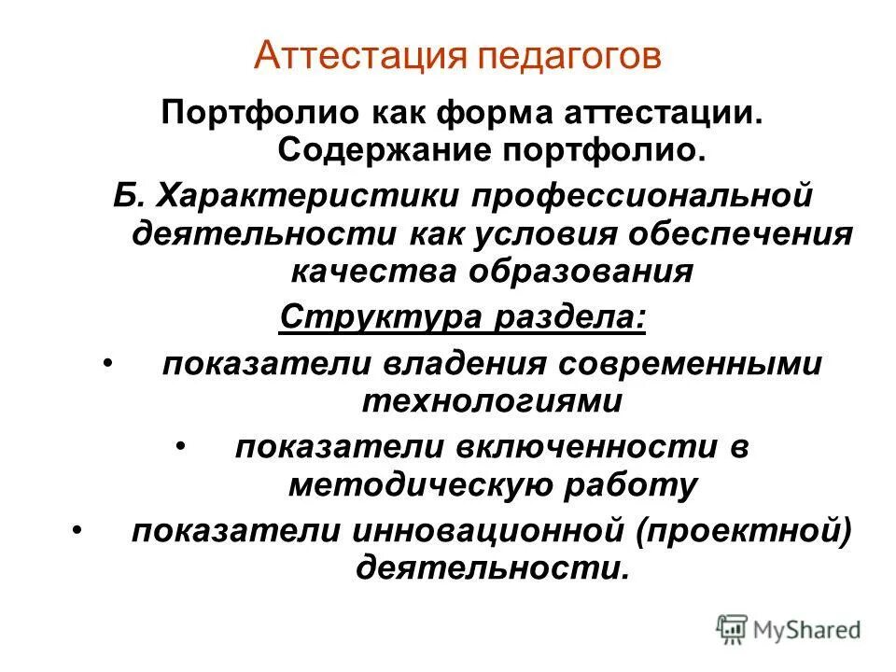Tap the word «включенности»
coord(586,447)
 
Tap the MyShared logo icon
coord(734,627)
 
